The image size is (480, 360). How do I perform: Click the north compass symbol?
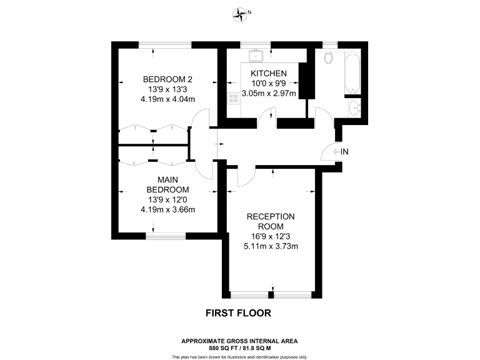(240, 12)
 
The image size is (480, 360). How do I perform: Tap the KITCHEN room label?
(269, 73)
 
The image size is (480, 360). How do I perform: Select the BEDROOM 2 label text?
(167, 79)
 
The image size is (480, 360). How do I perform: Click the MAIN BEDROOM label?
(167, 185)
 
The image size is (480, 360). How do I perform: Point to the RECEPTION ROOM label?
(270, 221)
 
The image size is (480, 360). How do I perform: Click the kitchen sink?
(256, 57)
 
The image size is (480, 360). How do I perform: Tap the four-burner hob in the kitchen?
(234, 98)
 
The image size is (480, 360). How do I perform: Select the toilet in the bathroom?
(329, 59)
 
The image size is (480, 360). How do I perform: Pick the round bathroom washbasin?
(354, 108)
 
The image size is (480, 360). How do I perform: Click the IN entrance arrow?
(341, 151)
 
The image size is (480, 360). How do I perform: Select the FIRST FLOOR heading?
(239, 312)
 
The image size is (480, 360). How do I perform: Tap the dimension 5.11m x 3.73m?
(270, 246)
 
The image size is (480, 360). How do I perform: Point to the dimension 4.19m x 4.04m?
(167, 99)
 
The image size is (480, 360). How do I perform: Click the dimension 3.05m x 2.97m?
(269, 93)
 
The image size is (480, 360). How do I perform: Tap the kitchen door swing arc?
(267, 114)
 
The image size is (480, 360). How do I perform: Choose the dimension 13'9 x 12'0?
(167, 199)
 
